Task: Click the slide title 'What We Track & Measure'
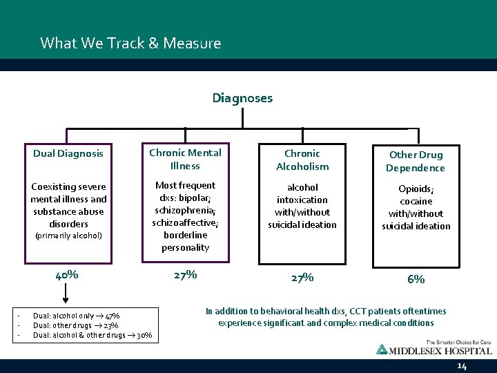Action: coord(130,44)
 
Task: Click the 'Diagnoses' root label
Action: coord(242,98)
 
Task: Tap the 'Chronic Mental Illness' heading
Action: coord(185,159)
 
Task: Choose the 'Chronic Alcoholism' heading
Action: coord(302,160)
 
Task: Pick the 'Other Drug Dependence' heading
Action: coord(415,162)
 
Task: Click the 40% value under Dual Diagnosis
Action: coord(67,274)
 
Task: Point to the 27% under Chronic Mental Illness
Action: coord(185,274)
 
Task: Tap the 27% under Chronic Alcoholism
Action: coord(302,277)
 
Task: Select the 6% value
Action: coord(416,279)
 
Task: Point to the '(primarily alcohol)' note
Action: coord(68,236)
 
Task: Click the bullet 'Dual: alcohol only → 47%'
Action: coord(76,316)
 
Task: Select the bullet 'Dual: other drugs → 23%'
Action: coord(76,325)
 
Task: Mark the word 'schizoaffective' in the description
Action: coord(184,222)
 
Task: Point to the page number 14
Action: coord(462,366)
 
